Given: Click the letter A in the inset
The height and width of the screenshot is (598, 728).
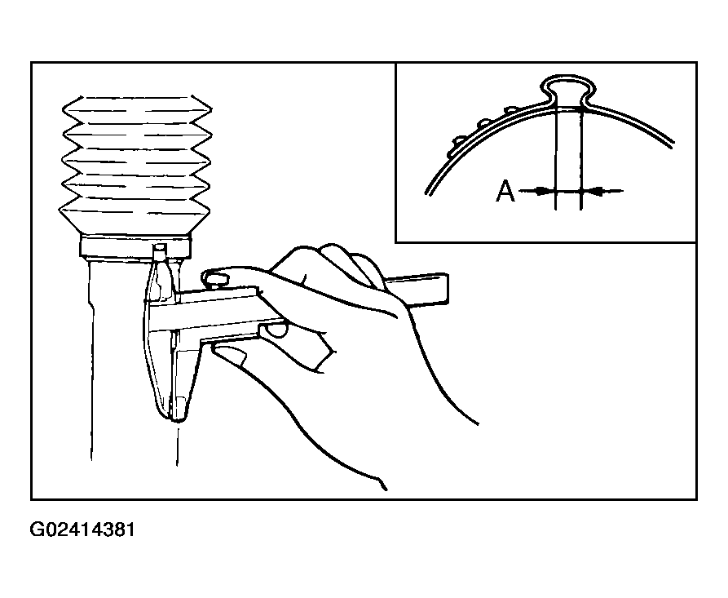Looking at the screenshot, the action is tap(505, 191).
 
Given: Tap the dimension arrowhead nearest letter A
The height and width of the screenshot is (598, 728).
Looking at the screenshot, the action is tap(544, 191).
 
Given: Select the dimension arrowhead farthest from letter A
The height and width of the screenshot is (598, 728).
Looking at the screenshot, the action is tap(592, 191).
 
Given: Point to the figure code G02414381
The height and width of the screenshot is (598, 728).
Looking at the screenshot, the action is tap(82, 529).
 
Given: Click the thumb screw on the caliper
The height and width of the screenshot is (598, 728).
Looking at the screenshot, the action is tap(215, 280).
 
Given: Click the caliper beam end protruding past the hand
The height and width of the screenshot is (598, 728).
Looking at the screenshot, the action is tap(419, 290).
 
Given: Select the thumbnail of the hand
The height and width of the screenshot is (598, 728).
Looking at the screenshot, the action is tap(232, 356).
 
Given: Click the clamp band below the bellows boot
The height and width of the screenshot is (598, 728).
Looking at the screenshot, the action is tap(135, 247).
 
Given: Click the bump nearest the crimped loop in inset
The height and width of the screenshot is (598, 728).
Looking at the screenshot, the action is tap(511, 109).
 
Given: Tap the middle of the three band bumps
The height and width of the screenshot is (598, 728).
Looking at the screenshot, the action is tap(485, 122).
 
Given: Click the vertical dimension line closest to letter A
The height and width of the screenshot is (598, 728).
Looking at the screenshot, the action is tap(555, 158).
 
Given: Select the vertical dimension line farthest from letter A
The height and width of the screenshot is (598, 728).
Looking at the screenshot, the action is tap(580, 158).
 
